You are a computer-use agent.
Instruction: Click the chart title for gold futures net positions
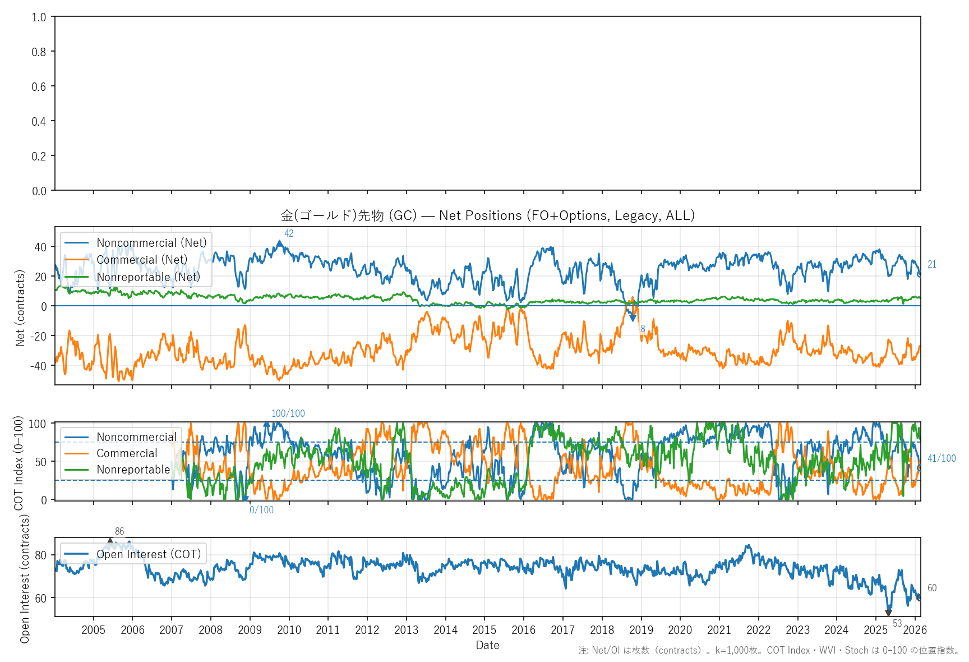coord(487,215)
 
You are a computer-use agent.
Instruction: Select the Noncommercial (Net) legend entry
coord(151,243)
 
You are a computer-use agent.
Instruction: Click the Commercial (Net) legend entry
coord(142,260)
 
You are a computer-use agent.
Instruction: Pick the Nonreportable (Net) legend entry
coord(148,277)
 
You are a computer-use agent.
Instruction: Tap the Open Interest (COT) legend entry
coord(149,554)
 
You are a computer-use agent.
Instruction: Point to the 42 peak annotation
coord(289,233)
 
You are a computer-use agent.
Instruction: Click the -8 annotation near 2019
coord(642,329)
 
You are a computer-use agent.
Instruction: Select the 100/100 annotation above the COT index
coord(288,413)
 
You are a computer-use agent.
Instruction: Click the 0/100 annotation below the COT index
coord(261,510)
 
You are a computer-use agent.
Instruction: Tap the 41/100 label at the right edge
coord(942,458)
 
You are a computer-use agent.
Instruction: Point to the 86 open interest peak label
coord(119,531)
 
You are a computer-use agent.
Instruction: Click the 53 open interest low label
coord(897,623)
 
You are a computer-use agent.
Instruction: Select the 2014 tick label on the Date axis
coord(445,630)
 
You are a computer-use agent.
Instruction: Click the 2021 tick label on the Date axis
coord(719,630)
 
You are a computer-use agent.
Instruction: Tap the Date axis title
coord(487,645)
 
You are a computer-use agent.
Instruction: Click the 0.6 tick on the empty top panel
coord(39,86)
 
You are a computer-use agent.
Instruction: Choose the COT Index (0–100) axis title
coord(19,463)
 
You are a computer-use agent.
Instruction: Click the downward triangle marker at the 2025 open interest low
coord(888,613)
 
